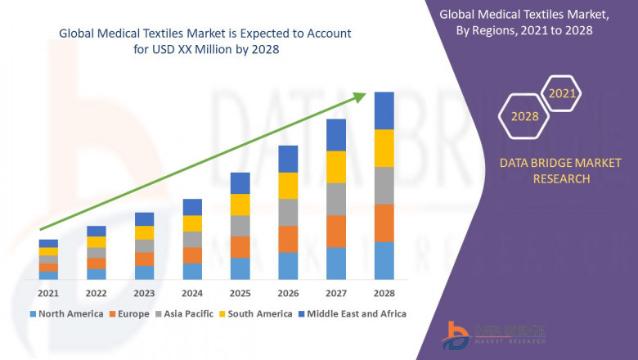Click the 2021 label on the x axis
[48, 293]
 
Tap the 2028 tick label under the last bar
[384, 293]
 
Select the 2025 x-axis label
[240, 293]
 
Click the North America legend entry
[66, 313]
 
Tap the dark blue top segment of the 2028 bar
[384, 110]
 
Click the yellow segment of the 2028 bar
[384, 148]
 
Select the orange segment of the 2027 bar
[336, 232]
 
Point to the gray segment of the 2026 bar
[288, 212]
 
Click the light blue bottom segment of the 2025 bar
[240, 268]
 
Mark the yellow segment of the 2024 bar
[192, 223]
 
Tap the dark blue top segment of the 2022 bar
[97, 231]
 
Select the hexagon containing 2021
[562, 94]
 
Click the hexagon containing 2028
[524, 116]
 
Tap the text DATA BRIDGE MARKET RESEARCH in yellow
[544, 171]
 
